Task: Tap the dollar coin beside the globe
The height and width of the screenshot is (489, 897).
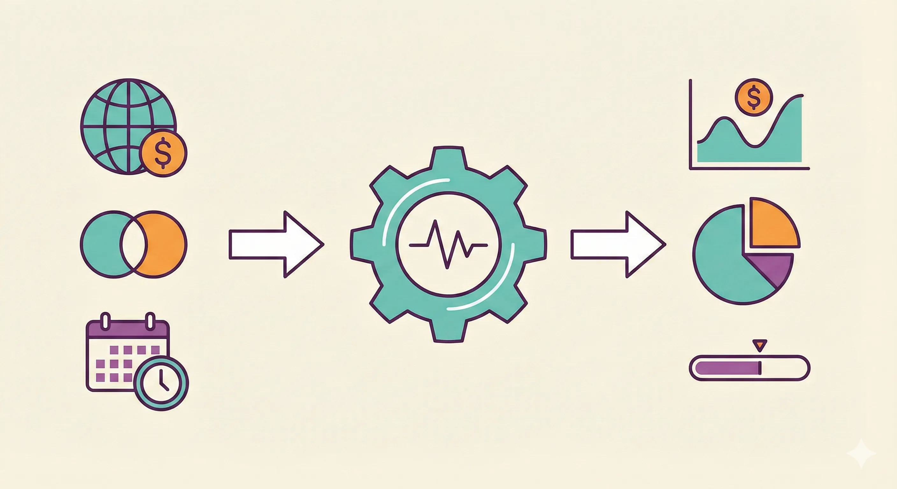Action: (x=163, y=153)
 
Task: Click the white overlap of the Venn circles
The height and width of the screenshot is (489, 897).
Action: (x=134, y=244)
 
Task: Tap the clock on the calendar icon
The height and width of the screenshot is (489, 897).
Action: (x=161, y=383)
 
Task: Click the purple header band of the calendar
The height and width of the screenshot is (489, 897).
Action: (x=127, y=329)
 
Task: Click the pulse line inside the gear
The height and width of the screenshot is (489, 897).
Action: (x=448, y=245)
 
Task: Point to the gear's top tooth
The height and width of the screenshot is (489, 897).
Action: (x=448, y=158)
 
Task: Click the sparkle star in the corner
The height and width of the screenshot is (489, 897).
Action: (x=861, y=453)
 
